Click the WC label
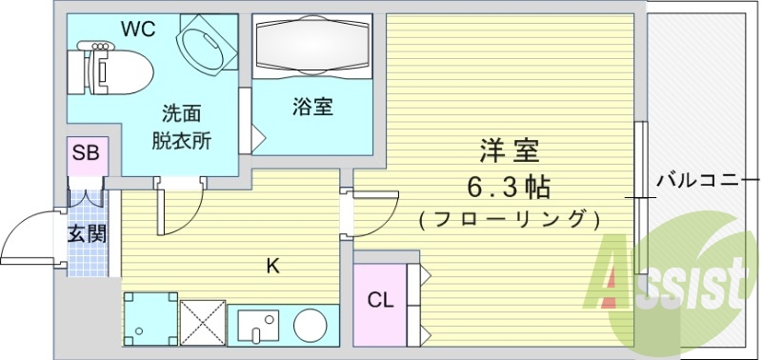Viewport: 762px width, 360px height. pyautogui.click(x=136, y=30)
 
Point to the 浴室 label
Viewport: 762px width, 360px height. pyautogui.click(x=312, y=107)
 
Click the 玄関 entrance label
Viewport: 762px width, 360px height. pyautogui.click(x=86, y=233)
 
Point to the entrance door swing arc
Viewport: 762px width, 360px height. pyautogui.click(x=29, y=233)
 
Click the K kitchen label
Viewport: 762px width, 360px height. pyautogui.click(x=271, y=267)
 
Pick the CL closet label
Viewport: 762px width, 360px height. pyautogui.click(x=380, y=301)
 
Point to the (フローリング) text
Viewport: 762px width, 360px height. pyautogui.click(x=509, y=219)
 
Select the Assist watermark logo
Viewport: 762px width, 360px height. pyautogui.click(x=672, y=281)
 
